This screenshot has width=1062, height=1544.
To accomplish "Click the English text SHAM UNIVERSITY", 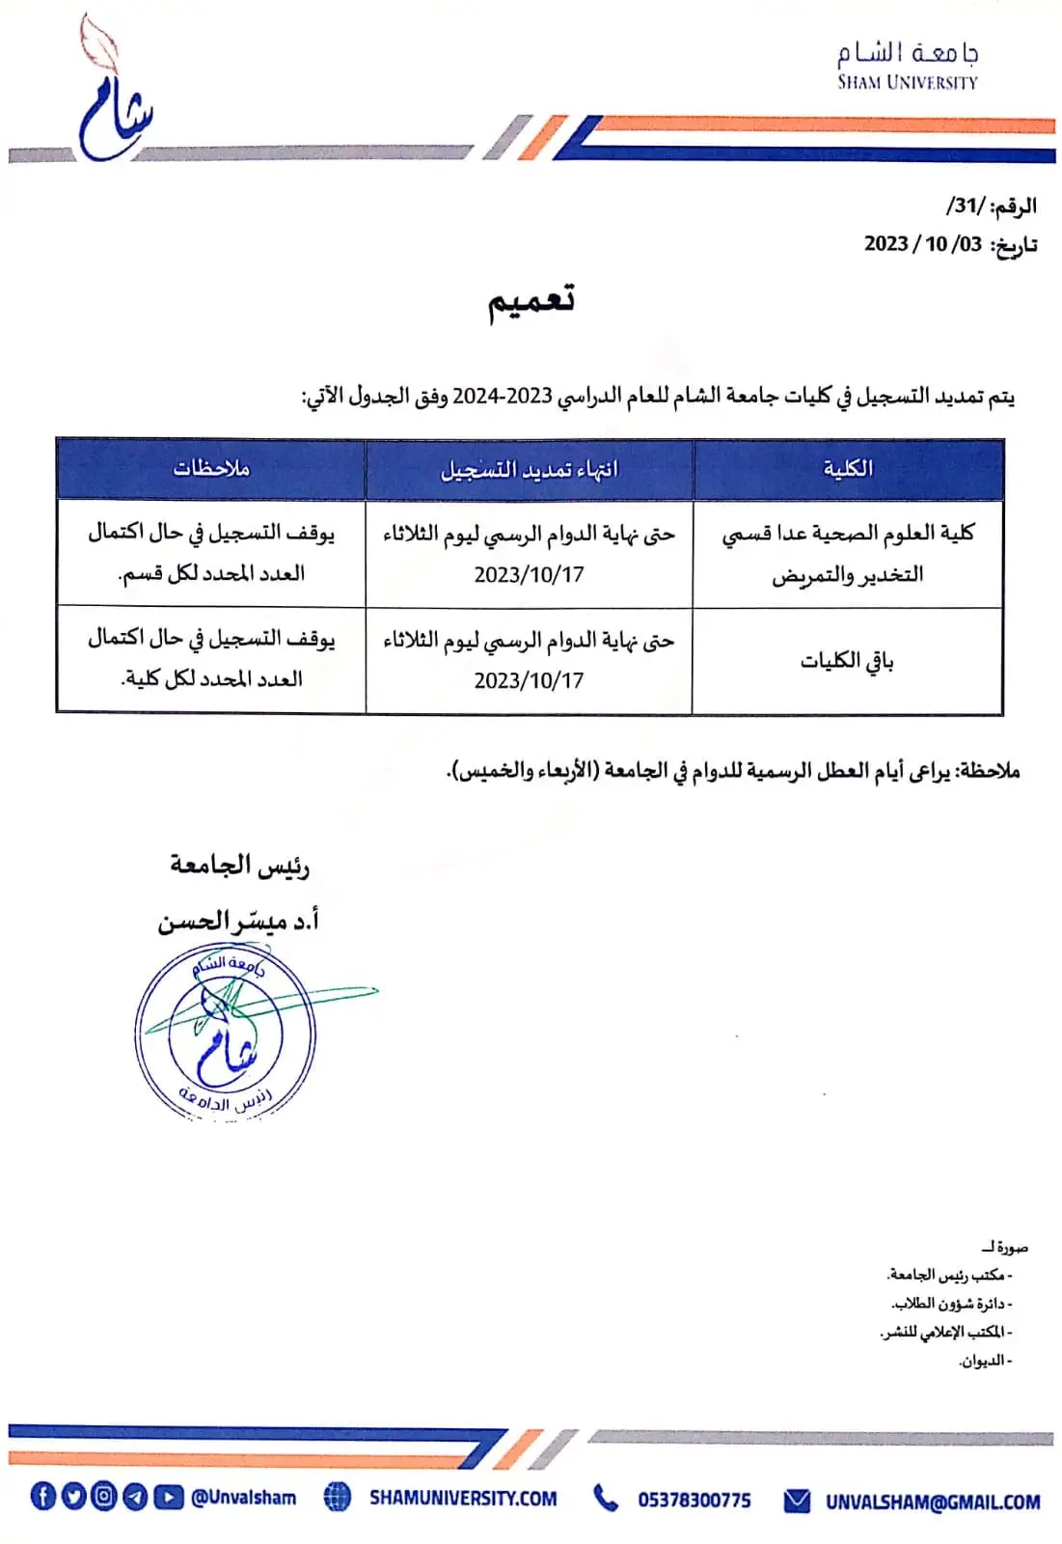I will (x=907, y=83).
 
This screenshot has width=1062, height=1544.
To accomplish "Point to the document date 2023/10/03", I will (x=923, y=243).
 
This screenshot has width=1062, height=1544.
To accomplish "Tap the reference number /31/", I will (x=966, y=206).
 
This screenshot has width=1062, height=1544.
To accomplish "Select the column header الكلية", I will (x=848, y=469).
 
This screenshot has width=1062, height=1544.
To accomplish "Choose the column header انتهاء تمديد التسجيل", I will (x=529, y=470).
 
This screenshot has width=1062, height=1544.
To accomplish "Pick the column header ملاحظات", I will (x=211, y=469).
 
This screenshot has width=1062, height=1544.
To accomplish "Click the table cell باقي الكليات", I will (x=847, y=661).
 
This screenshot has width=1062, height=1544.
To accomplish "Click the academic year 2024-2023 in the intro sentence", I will (x=503, y=397).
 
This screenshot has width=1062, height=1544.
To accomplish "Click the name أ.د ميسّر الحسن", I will (x=239, y=922).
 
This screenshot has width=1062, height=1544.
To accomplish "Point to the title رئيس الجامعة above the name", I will (x=239, y=865).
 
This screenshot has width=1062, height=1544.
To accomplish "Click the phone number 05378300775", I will (x=694, y=1500).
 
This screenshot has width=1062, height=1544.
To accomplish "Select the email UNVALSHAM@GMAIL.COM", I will (x=932, y=1502).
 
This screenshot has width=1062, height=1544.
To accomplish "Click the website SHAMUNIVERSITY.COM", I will (x=463, y=1499).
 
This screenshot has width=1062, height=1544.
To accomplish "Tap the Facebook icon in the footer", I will (x=42, y=1497).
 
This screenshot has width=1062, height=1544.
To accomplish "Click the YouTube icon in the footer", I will (x=169, y=1497).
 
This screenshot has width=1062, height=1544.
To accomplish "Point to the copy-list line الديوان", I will (x=983, y=1361).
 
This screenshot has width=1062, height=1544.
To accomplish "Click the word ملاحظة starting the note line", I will (x=988, y=771).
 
